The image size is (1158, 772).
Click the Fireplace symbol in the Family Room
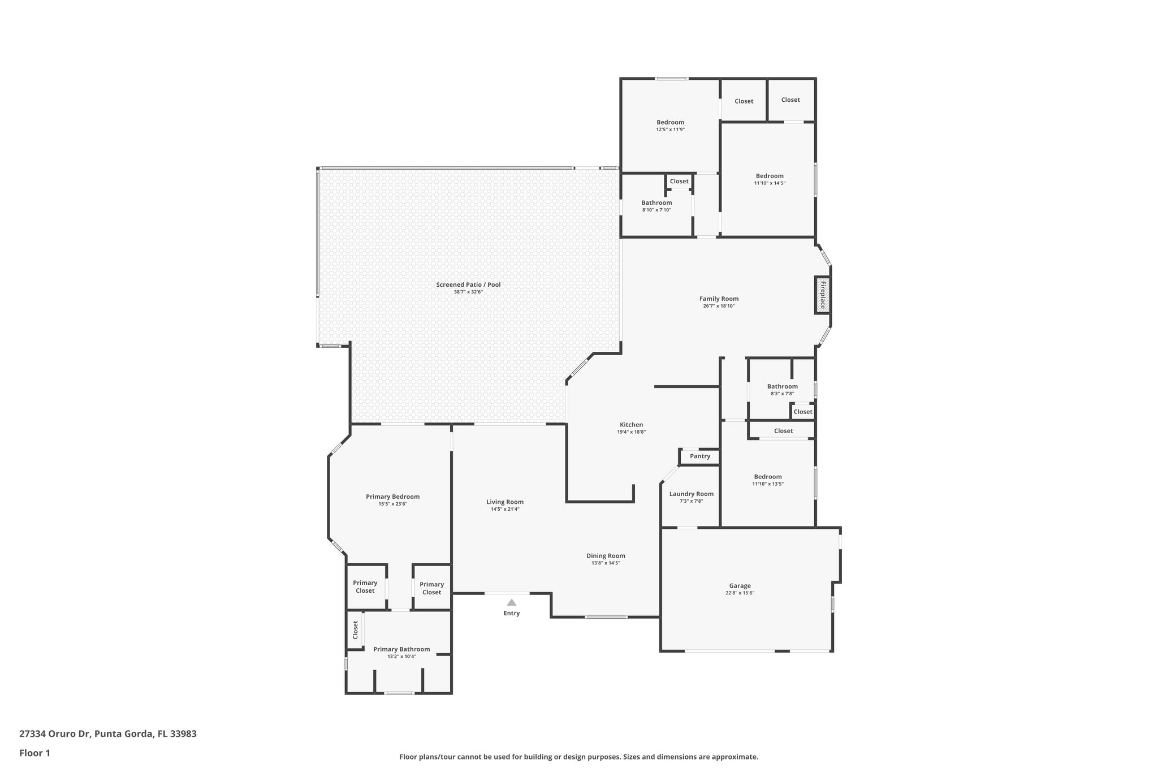point(823,294)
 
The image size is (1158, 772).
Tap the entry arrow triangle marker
point(511,602)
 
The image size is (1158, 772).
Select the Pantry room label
point(700,456)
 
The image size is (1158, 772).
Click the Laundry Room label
point(691,494)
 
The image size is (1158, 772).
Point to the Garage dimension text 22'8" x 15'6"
point(740,593)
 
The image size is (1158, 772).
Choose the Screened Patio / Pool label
point(468,284)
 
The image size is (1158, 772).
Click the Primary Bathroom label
point(401,649)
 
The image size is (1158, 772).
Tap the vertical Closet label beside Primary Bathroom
point(355,629)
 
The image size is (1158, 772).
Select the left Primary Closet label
point(365,586)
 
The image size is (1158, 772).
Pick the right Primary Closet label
point(431,588)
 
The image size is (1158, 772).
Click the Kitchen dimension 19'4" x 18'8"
point(631,432)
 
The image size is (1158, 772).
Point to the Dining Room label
point(606,555)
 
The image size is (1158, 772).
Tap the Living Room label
point(505,502)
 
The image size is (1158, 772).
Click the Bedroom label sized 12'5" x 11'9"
point(670,122)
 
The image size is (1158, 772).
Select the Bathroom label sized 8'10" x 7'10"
point(656,202)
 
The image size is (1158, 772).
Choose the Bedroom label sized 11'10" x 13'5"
point(767,477)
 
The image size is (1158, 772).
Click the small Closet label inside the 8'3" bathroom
point(802,412)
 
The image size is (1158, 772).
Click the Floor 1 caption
point(34,753)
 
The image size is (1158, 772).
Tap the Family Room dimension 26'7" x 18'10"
point(719,306)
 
